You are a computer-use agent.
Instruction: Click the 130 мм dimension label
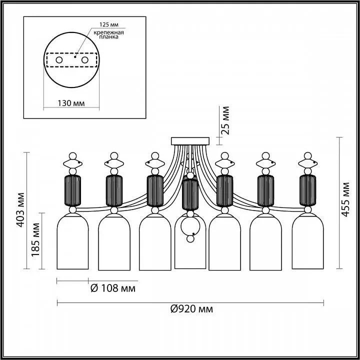coord(71,103)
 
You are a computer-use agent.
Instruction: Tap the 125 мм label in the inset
coord(109,24)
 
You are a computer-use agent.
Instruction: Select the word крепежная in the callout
coord(109,32)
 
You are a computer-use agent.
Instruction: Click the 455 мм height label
coord(345,199)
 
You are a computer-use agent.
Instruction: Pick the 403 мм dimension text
coord(20,210)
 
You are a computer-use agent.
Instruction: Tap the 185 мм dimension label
coord(36,239)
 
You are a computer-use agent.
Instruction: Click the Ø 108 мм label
coord(113,288)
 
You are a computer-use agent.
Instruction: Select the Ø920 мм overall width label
coord(191,309)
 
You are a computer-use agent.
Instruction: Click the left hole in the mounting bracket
coord(59,60)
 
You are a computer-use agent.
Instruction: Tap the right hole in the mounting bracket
coord(84,60)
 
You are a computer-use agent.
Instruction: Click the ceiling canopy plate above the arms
coord(190,141)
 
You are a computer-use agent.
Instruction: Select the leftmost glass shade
coord(72,241)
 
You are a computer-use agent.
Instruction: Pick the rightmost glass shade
coord(308,241)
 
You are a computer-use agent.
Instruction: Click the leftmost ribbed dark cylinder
coord(72,190)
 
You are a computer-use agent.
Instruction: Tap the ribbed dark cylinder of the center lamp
coord(190,194)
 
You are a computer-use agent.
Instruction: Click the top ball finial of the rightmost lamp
coord(308,156)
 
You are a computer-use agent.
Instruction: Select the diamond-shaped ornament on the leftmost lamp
coord(72,164)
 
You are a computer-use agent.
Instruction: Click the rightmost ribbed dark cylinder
coord(308,190)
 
